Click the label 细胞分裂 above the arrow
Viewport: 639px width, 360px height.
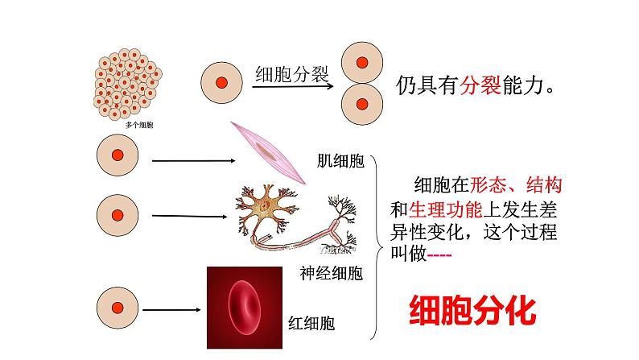[x=291, y=75]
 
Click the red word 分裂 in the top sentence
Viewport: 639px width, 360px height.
[x=478, y=86]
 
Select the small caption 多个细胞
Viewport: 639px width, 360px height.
[x=139, y=126]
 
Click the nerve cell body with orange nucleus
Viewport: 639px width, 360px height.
[x=264, y=205]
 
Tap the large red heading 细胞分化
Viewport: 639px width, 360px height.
[x=472, y=308]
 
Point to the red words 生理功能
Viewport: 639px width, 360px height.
[x=445, y=209]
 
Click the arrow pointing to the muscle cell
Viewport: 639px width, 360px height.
[x=192, y=160]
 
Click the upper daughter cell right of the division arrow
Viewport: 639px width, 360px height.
[x=362, y=63]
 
